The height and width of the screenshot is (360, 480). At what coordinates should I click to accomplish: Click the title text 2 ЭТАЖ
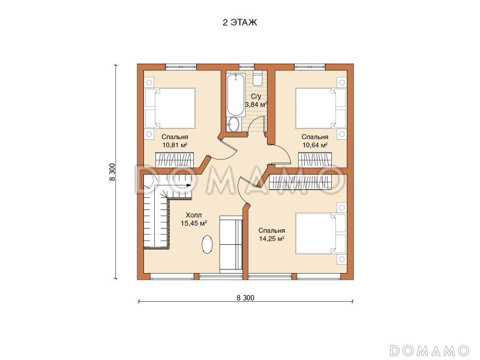point(240,23)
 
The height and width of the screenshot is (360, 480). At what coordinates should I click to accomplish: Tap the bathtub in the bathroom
point(236,95)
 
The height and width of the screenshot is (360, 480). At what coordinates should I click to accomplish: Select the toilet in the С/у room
point(257,78)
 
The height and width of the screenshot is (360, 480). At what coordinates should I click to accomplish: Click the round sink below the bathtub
point(235,124)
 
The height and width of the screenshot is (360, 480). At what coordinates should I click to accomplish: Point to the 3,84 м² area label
point(256,104)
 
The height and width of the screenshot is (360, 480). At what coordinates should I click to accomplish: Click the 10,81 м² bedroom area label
point(175,145)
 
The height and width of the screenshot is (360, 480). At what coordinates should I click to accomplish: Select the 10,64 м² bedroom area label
point(315,145)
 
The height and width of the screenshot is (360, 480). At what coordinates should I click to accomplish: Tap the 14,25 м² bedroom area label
point(272,238)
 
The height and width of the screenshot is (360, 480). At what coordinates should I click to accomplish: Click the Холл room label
point(194,215)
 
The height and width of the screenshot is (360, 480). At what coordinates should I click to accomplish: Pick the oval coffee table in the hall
point(207,244)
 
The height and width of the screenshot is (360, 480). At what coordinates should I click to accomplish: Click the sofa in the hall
point(231,244)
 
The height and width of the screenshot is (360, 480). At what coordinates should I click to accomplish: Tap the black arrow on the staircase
point(188,185)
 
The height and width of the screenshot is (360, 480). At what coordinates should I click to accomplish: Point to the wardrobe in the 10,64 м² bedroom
point(316,160)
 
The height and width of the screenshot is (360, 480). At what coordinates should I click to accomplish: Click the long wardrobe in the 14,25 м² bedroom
point(301,183)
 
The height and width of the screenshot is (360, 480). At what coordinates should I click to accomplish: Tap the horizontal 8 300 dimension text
point(245,298)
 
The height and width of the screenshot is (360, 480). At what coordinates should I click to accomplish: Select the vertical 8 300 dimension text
point(112,172)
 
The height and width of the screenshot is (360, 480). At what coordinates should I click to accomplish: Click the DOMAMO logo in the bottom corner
point(430,350)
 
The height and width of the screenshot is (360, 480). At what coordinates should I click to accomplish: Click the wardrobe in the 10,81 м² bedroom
point(175,160)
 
